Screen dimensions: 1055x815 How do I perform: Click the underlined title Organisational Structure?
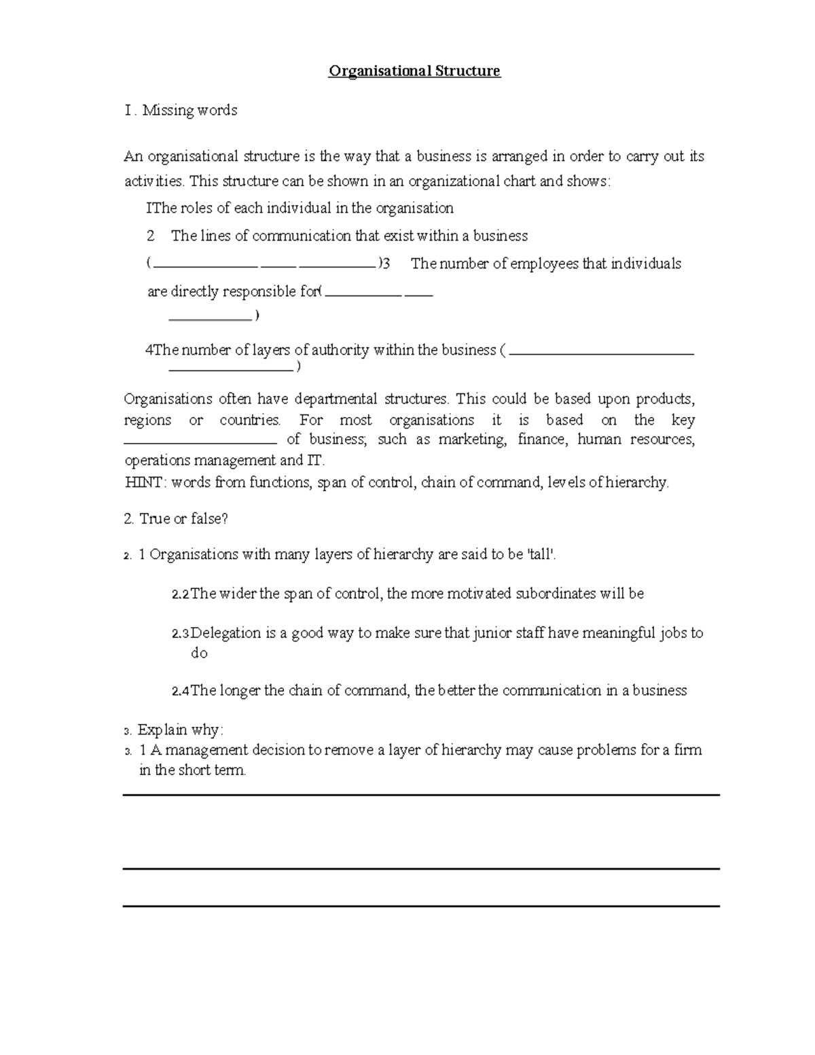(x=414, y=71)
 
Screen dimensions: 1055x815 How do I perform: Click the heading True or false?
(x=183, y=519)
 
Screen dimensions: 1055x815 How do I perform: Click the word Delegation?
(x=225, y=633)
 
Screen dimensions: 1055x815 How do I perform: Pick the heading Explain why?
(x=180, y=730)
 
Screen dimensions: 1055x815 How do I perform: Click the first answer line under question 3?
(x=421, y=795)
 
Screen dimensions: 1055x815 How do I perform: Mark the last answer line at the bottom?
(x=421, y=906)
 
